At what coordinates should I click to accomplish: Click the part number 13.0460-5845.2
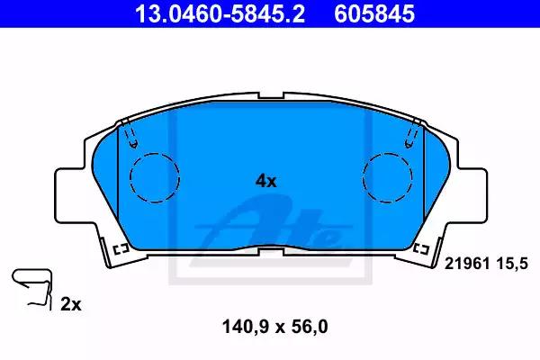click(220, 13)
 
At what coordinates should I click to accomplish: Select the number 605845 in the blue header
click(374, 13)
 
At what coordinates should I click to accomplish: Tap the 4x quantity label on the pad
click(265, 181)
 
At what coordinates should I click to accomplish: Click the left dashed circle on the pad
click(155, 177)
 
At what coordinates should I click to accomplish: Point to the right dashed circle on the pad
click(387, 177)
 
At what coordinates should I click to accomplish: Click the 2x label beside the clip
click(71, 304)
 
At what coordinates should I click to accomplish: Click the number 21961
click(467, 264)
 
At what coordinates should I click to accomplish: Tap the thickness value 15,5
click(512, 264)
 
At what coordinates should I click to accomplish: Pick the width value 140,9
click(245, 326)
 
